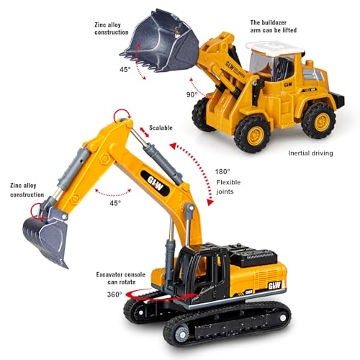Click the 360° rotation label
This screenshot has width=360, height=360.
pos(114,294)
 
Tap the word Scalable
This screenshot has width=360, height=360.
pos(161,127)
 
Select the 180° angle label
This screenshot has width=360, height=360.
pos(222,171)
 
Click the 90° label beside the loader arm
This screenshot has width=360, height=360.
pos(192,95)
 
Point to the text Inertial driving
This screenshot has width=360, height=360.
pos(310,153)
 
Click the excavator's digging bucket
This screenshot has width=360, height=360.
pos(45,239)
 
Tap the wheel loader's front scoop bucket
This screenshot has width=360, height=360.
pos(160,41)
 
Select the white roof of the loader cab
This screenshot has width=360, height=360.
pos(275,48)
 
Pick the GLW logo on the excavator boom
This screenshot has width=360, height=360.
pos(156,184)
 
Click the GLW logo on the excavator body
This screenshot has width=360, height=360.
pos(274,286)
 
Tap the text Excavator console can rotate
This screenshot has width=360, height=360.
pos(121,278)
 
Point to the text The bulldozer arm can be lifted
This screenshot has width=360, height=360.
pos(274,27)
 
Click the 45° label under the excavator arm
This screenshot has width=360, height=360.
pos(115,203)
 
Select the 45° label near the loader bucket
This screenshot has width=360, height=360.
pos(125,69)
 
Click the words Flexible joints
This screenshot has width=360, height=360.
pos(228,187)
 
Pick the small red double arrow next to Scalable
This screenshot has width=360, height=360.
pos(145,132)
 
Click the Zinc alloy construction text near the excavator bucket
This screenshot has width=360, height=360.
pos(27,190)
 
